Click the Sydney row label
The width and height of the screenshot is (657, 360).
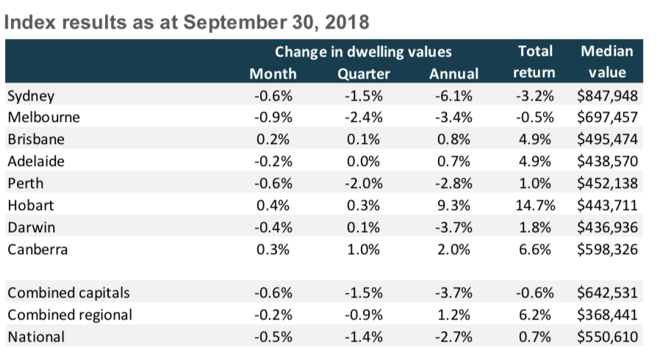tap(31, 96)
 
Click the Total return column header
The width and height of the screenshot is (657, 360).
tap(535, 62)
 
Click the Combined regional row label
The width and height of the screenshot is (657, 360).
tap(70, 314)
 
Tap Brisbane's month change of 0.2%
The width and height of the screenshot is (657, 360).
tap(274, 140)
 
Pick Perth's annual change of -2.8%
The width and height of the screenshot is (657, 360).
tap(451, 183)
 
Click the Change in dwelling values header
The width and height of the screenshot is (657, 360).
tap(363, 52)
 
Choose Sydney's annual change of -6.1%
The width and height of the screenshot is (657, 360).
tap(451, 96)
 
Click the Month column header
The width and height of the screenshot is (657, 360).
tap(273, 73)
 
